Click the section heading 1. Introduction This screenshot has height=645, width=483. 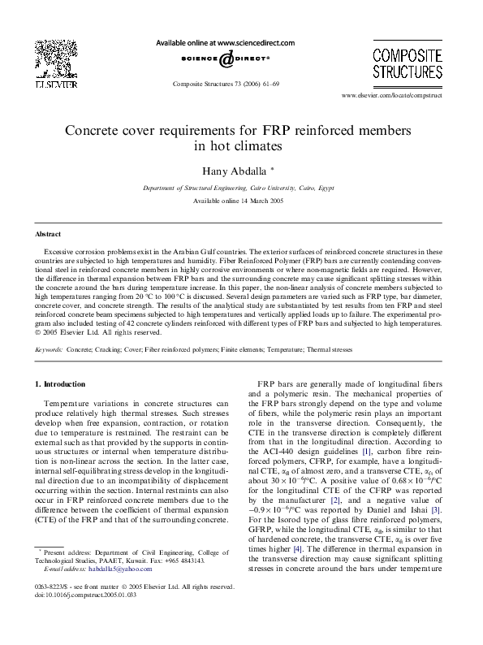pyautogui.click(x=63, y=383)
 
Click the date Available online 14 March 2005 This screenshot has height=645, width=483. pyautogui.click(x=240, y=201)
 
